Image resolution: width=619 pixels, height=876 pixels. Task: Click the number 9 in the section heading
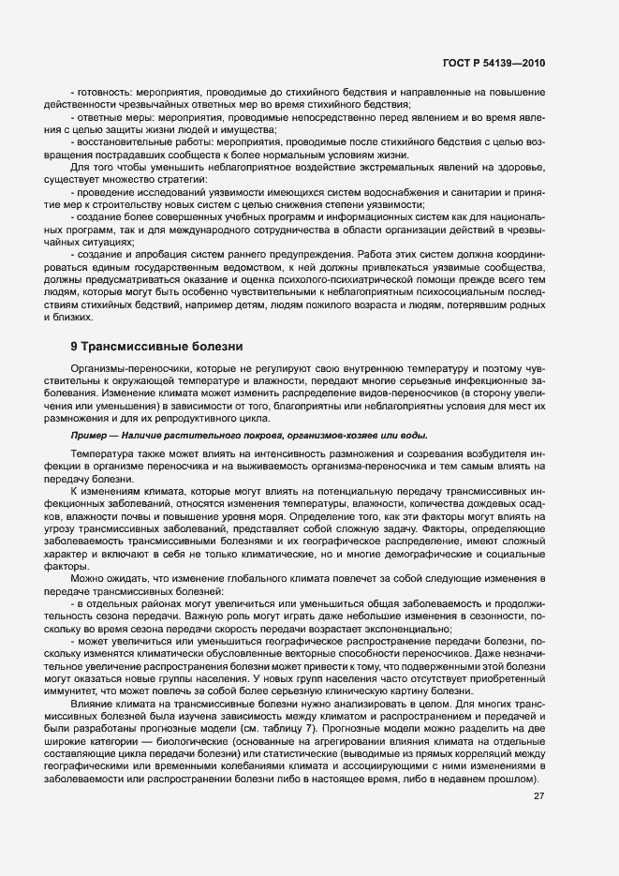[74, 347]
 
